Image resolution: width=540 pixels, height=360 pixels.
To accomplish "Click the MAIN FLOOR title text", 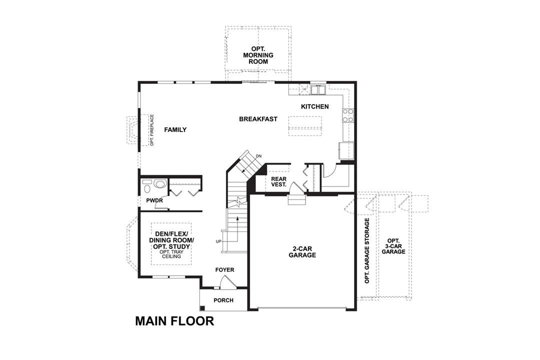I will pyautogui.click(x=174, y=321).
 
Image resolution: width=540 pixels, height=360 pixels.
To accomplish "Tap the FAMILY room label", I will pyautogui.click(x=175, y=130).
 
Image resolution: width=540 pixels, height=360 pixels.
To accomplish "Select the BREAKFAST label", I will pyautogui.click(x=258, y=119).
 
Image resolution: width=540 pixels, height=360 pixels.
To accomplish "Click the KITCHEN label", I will pyautogui.click(x=314, y=106).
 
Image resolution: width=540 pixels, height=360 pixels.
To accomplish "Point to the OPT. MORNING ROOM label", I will pyautogui.click(x=255, y=54).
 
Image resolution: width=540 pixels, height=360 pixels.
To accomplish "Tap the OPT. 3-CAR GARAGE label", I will pyautogui.click(x=393, y=246).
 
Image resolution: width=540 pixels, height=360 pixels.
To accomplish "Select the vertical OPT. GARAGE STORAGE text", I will pyautogui.click(x=367, y=250).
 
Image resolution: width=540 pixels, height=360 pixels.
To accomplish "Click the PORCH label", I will pyautogui.click(x=223, y=300).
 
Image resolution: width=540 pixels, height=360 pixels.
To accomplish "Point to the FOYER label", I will pyautogui.click(x=224, y=270).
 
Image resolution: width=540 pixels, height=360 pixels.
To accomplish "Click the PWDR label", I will pyautogui.click(x=153, y=200).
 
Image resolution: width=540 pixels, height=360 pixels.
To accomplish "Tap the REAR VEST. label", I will pyautogui.click(x=278, y=181).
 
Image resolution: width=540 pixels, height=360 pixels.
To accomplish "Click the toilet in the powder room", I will pyautogui.click(x=159, y=184).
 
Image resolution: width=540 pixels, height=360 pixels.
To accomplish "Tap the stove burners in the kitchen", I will pyautogui.click(x=347, y=115).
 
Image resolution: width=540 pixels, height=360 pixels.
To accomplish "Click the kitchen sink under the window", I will pyautogui.click(x=317, y=90).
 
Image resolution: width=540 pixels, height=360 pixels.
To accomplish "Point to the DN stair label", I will pyautogui.click(x=258, y=156).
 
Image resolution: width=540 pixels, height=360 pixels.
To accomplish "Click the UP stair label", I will pyautogui.click(x=218, y=241).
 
